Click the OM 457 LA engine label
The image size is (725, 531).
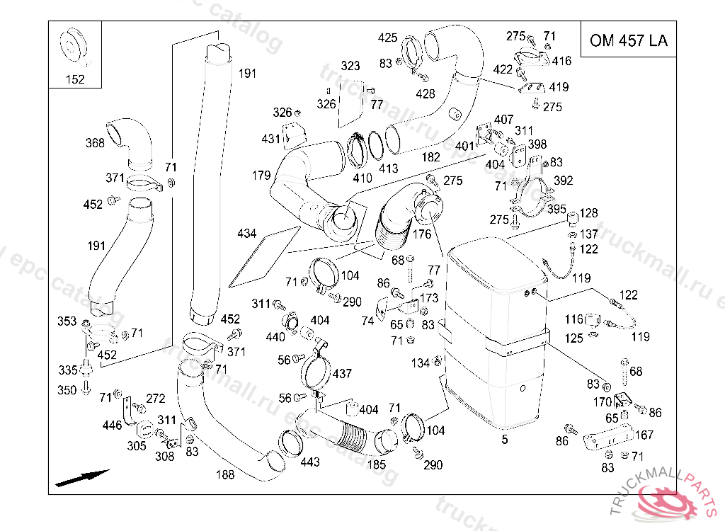628,40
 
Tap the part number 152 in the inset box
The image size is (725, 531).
74,79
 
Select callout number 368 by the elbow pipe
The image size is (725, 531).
95,143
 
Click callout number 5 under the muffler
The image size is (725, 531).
505,440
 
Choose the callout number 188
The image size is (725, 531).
225,474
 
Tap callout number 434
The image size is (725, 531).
247,232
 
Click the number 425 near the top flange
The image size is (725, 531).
387,38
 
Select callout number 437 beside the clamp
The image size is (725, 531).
342,373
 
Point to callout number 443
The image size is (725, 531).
310,462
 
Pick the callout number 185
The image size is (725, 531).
377,465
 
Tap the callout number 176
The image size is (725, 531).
422,234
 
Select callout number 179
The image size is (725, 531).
261,175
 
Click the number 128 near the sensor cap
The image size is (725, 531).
589,213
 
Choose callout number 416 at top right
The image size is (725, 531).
561,61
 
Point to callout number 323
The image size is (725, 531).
350,66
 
